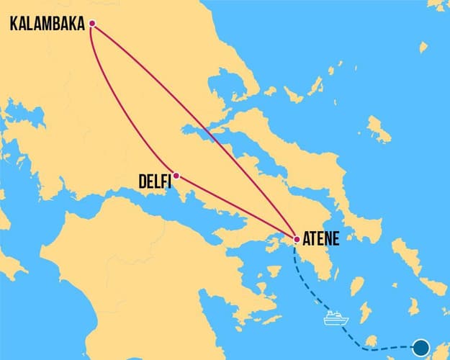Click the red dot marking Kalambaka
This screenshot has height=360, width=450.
pyautogui.click(x=91, y=24)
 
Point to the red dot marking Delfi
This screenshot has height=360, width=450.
pyautogui.click(x=176, y=175)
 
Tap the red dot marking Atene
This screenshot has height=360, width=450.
pyautogui.click(x=297, y=239)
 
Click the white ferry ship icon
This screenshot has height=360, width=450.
pyautogui.click(x=336, y=318)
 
